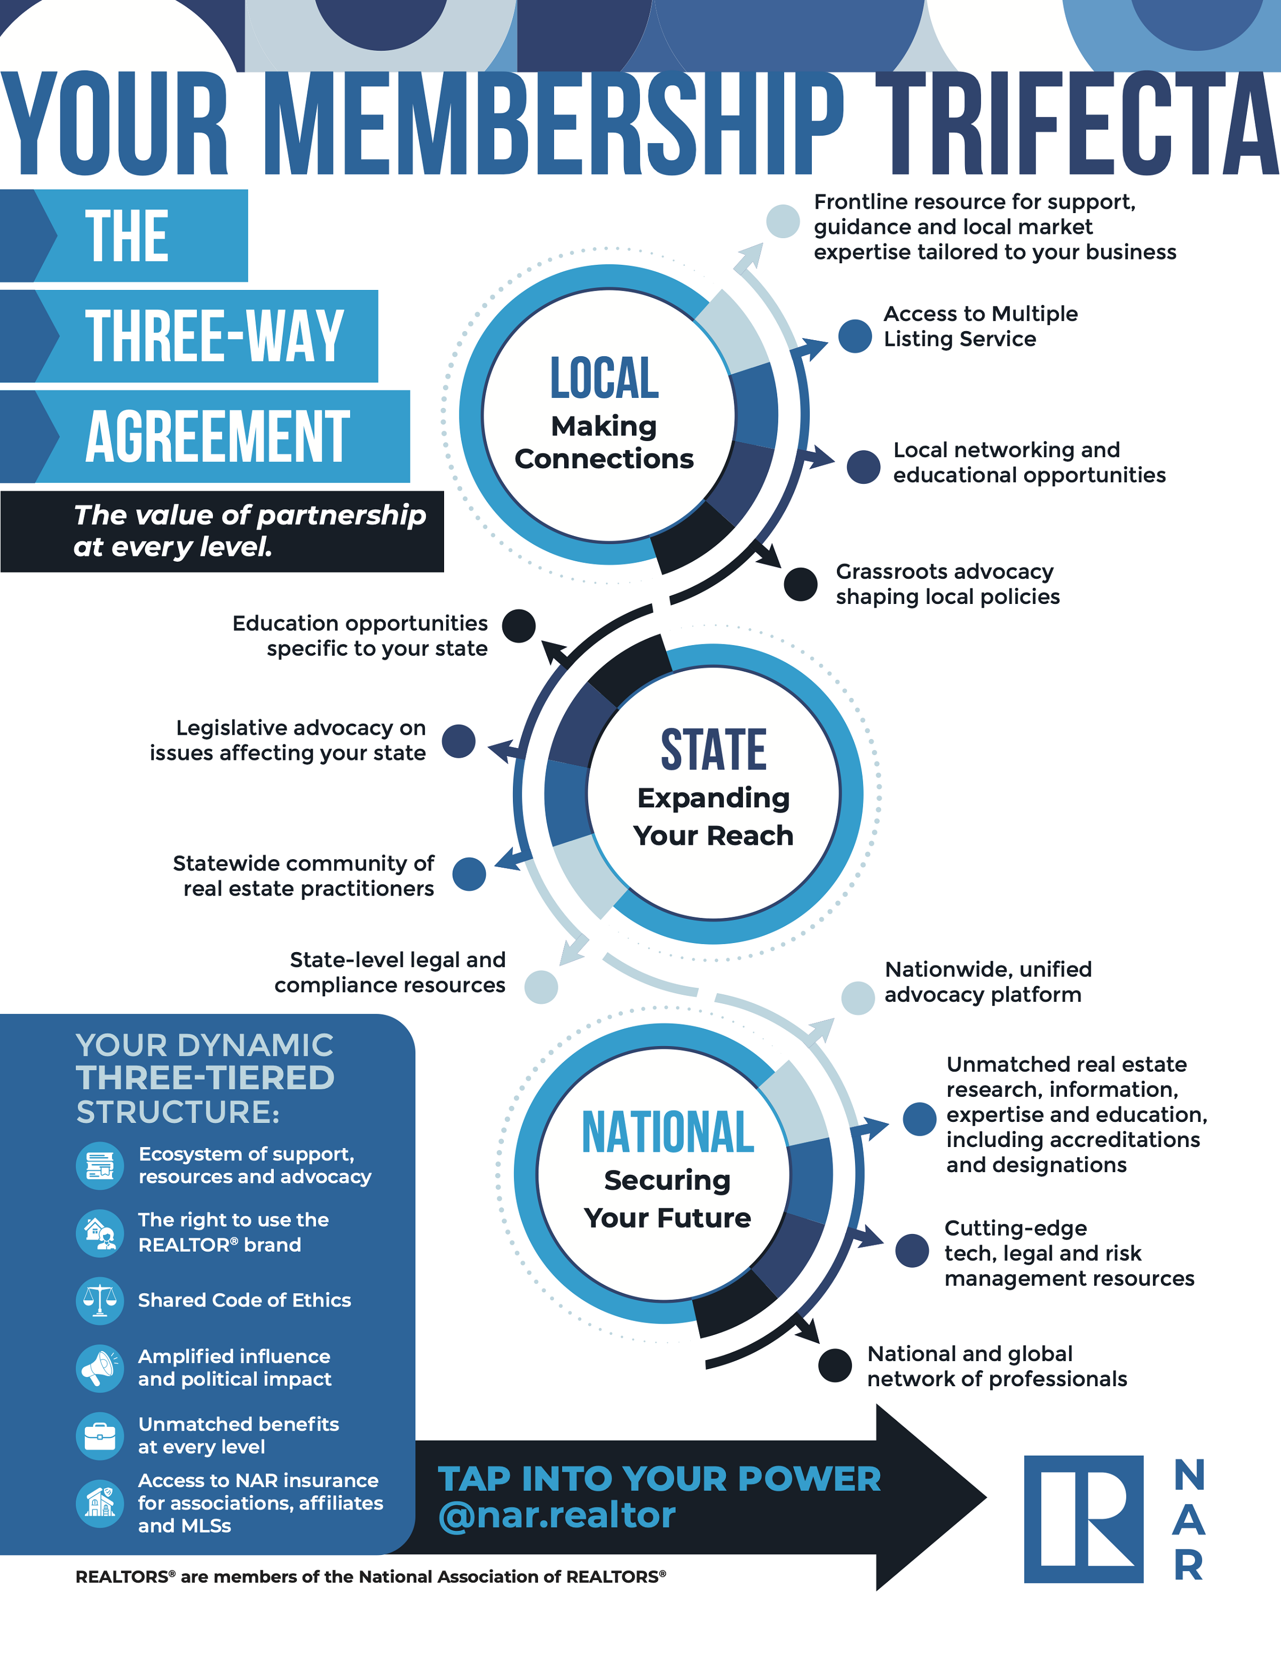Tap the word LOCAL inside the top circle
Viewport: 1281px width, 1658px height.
pos(604,378)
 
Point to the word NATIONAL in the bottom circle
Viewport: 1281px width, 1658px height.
pos(668,1132)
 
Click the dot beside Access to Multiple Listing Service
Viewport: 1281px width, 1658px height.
pos(855,335)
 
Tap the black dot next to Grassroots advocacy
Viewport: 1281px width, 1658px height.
pos(801,584)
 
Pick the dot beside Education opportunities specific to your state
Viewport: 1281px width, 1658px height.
pos(519,625)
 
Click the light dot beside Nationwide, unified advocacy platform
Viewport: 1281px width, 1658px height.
pos(858,997)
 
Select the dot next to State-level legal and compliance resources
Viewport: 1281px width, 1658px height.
pos(541,987)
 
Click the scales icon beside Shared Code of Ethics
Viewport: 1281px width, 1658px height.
pos(99,1300)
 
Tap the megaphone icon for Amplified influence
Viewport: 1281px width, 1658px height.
pos(99,1368)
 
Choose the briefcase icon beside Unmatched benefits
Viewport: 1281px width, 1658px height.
pos(99,1435)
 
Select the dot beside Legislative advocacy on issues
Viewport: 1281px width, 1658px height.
pos(459,741)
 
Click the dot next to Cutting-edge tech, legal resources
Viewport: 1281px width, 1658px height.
pos(912,1251)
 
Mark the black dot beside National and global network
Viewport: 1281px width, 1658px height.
pos(835,1366)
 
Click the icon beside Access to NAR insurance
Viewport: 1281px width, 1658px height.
pos(99,1503)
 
